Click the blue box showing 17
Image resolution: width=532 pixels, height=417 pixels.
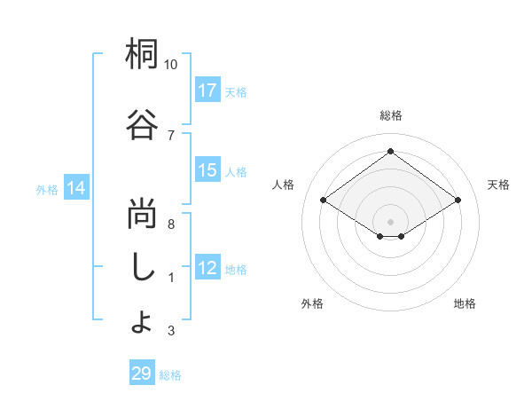tap(207, 90)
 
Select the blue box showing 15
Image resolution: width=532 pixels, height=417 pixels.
tap(207, 170)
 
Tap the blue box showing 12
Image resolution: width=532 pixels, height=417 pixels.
tap(207, 268)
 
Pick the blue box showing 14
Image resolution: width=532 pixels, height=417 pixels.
tap(76, 188)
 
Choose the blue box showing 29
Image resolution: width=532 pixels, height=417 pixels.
tap(142, 374)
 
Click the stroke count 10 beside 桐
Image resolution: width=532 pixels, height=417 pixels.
tap(171, 65)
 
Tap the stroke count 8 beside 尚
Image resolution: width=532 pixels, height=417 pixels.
tap(171, 224)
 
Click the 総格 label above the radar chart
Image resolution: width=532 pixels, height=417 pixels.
tap(390, 115)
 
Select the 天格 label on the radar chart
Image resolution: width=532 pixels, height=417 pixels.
tap(499, 185)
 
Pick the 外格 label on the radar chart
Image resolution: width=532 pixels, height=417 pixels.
tap(312, 303)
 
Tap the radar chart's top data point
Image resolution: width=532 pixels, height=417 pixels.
tap(390, 151)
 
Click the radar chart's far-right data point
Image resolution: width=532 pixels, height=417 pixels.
tap(458, 201)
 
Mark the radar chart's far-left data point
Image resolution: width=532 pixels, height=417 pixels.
tap(324, 201)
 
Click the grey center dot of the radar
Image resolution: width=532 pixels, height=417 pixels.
tap(390, 220)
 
